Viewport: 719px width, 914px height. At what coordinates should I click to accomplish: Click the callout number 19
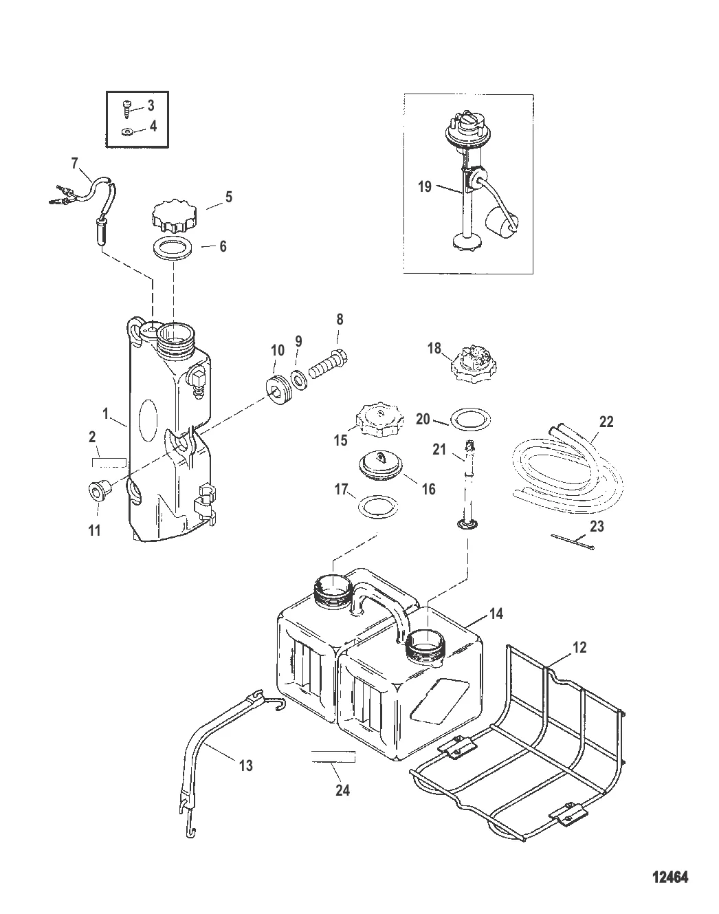click(424, 186)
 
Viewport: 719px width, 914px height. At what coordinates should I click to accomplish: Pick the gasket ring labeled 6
click(173, 248)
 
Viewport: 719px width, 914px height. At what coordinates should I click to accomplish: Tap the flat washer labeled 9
click(299, 378)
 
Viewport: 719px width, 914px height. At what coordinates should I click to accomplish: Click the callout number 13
click(245, 765)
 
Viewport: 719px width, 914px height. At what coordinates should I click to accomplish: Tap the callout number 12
click(580, 646)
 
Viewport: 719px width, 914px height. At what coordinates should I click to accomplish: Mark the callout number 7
click(75, 164)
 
